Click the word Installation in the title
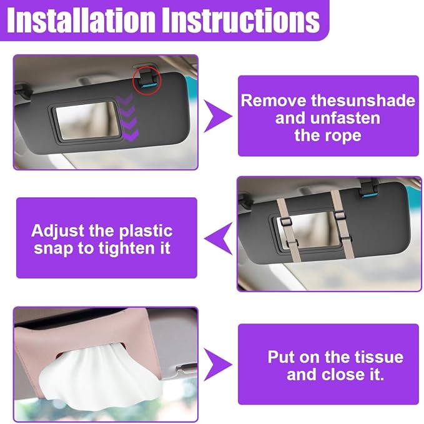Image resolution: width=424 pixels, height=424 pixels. (x=81, y=20)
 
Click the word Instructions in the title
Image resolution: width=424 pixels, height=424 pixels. (x=242, y=20)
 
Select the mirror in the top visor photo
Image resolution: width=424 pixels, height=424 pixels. (x=86, y=121)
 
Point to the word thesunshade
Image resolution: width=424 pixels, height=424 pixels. (x=363, y=101)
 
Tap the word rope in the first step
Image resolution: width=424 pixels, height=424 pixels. (x=345, y=136)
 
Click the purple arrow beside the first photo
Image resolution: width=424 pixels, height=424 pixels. (x=218, y=116)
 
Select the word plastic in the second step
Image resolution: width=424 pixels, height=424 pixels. (x=145, y=232)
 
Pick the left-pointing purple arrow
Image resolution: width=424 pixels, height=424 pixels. (x=218, y=239)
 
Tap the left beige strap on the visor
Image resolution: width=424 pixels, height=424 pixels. (x=288, y=230)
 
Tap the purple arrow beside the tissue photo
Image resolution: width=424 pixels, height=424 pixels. (x=218, y=365)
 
